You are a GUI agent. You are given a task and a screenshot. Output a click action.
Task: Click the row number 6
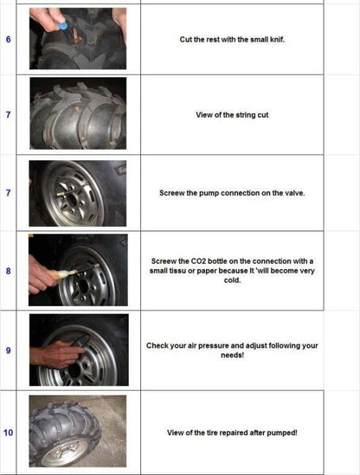9,40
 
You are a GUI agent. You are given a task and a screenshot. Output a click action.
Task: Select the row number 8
9,271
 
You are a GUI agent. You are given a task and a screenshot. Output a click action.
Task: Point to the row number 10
9,431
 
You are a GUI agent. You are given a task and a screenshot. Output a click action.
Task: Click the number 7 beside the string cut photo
9,114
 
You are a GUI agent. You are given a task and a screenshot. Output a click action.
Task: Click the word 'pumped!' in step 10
280,431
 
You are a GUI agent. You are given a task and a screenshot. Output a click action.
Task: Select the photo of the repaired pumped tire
78,430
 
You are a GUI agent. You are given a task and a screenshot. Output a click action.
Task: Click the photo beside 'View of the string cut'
78,113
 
